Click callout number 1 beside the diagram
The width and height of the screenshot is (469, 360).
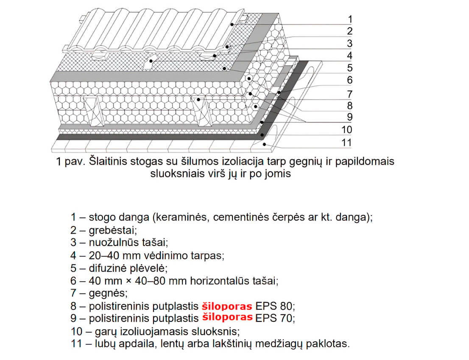[x=349, y=19]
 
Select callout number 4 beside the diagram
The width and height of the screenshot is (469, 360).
[x=349, y=56]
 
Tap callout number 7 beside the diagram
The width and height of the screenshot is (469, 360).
[x=349, y=93]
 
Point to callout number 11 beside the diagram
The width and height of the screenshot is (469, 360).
[x=346, y=142]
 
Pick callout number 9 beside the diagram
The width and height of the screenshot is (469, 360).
[x=349, y=117]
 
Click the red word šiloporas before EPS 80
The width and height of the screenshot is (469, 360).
[x=227, y=306]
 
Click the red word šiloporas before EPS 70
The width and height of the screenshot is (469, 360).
[x=227, y=317]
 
